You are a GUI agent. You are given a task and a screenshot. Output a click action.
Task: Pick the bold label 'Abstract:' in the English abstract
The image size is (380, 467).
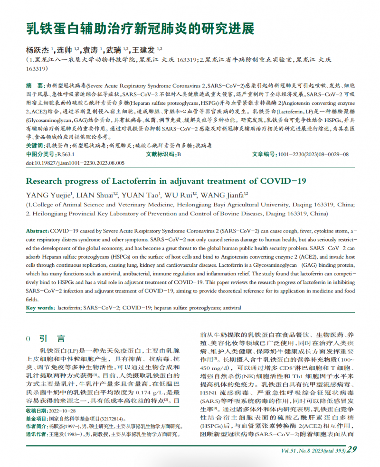[x=37, y=230]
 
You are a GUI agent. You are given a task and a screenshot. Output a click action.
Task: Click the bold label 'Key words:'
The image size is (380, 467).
[x=40, y=308]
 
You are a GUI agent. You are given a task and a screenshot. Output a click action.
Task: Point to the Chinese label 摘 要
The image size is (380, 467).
[x=34, y=85]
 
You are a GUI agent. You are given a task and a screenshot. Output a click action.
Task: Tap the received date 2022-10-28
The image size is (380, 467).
[x=63, y=410]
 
